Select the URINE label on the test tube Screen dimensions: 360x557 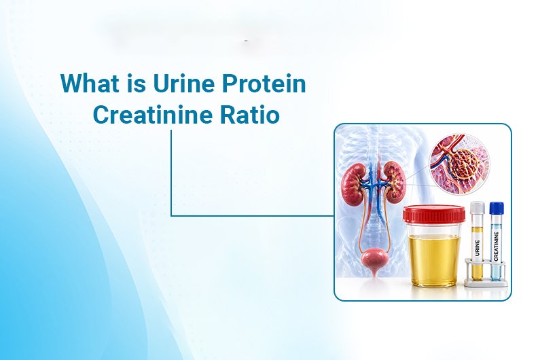pyautogui.click(x=478, y=243)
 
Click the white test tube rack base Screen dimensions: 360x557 pyautogui.click(x=486, y=281)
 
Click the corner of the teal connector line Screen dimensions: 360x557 pyautogui.click(x=171, y=215)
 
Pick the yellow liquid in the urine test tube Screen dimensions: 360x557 pyautogui.click(x=478, y=271)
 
